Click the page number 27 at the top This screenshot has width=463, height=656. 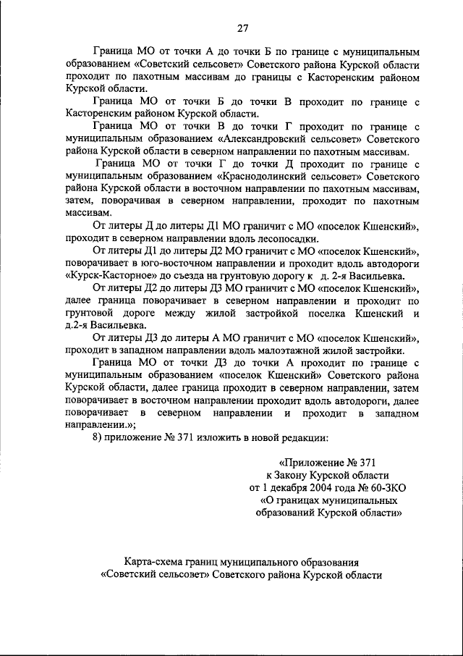point(242,28)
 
